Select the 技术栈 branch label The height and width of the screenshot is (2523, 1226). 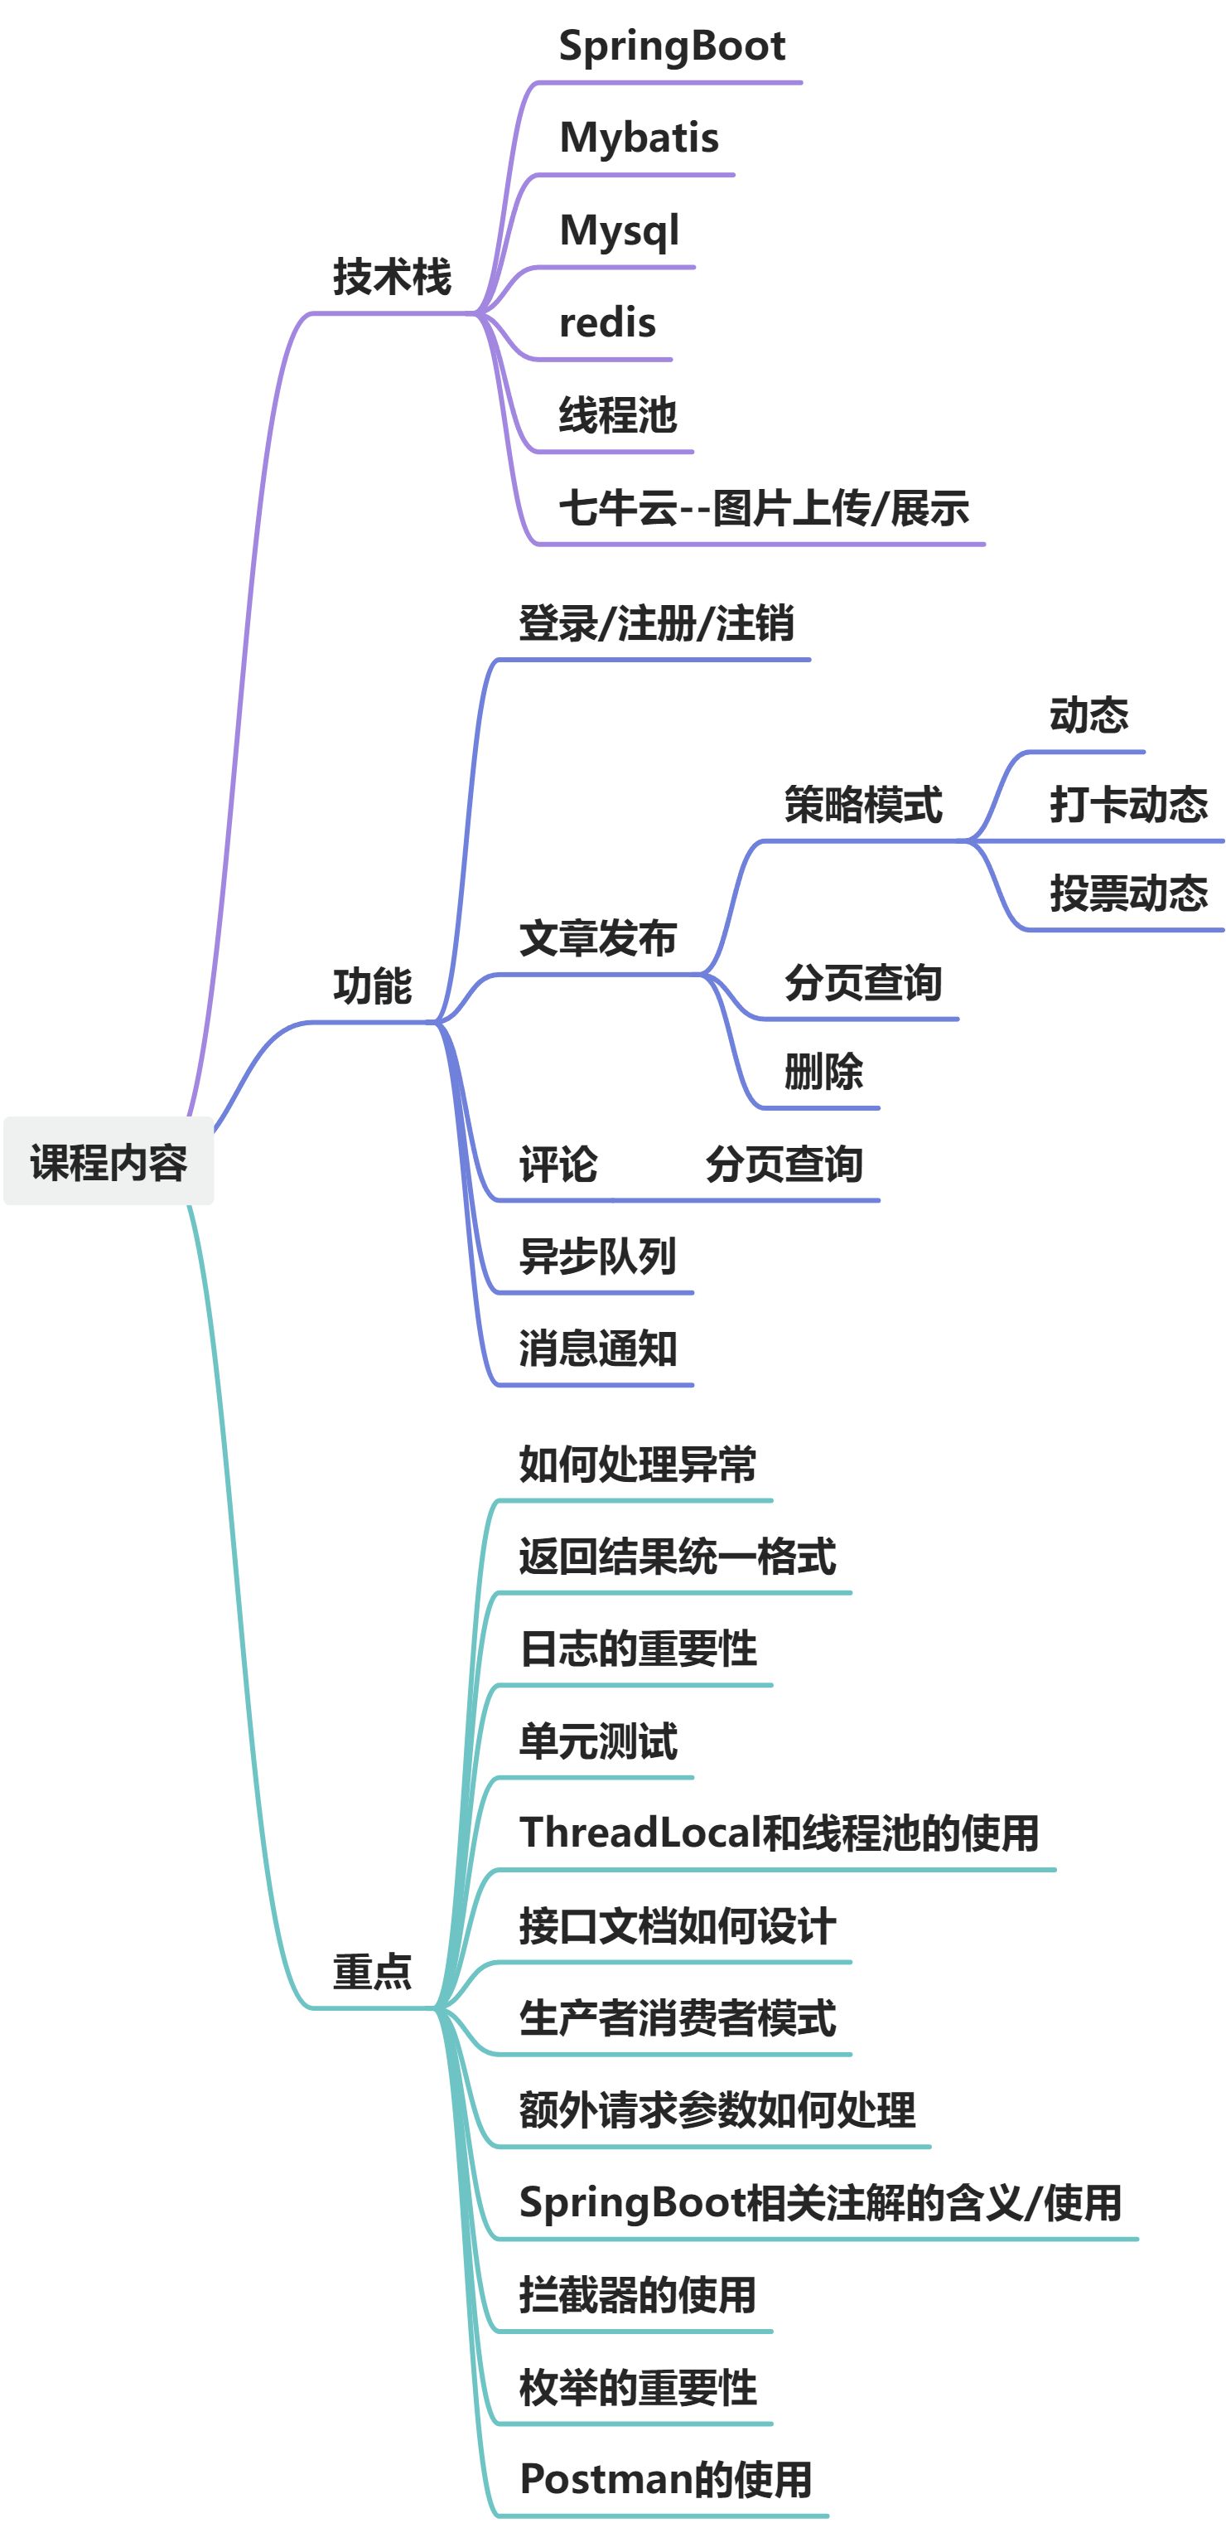tap(392, 277)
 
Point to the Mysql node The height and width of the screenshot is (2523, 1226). tap(619, 231)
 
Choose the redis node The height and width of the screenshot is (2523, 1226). tap(607, 323)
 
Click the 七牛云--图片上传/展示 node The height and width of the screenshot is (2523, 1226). tap(764, 508)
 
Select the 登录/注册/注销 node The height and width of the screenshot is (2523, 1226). tap(656, 624)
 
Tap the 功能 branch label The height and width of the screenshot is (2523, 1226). tap(372, 986)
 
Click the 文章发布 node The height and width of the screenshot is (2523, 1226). tap(597, 938)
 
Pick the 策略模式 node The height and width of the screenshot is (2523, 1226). tap(862, 805)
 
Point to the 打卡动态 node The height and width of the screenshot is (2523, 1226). tap(1128, 805)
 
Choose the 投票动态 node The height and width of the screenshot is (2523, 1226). tap(1128, 893)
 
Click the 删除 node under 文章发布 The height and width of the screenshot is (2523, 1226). tap(823, 1072)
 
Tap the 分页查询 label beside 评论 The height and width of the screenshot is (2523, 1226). tap(784, 1165)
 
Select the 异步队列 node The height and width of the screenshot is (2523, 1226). tap(597, 1257)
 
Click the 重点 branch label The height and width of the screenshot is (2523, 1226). tap(372, 1972)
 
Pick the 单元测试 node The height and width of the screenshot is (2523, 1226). tap(597, 1741)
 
